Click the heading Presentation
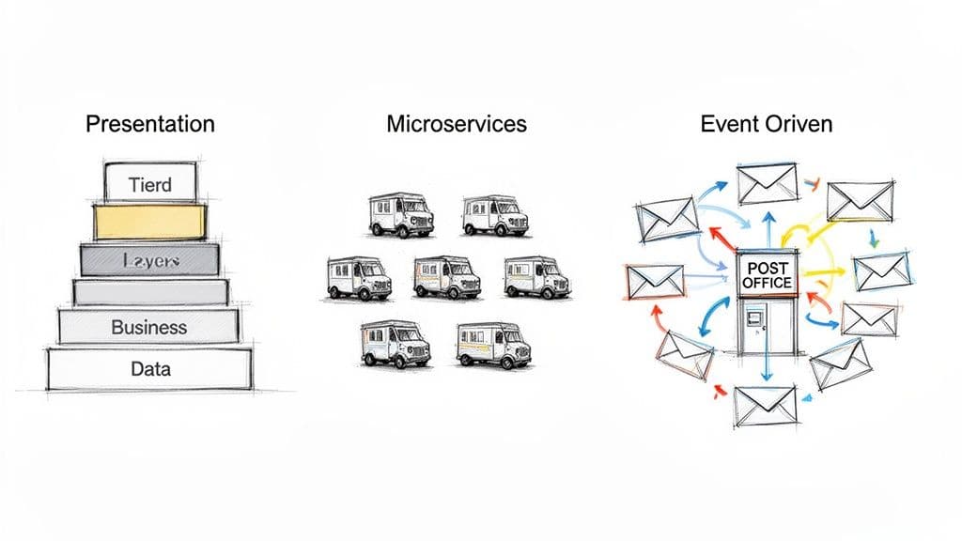pyautogui.click(x=150, y=124)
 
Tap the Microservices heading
pyautogui.click(x=457, y=124)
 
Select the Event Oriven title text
pyautogui.click(x=766, y=124)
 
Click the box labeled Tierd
pyautogui.click(x=150, y=184)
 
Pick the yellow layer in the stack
pyautogui.click(x=148, y=222)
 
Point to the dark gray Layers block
pyautogui.click(x=149, y=260)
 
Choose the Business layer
pyautogui.click(x=149, y=328)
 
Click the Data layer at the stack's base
pyautogui.click(x=149, y=369)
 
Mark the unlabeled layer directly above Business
pyautogui.click(x=149, y=293)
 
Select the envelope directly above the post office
pyautogui.click(x=767, y=184)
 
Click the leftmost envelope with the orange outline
pyautogui.click(x=654, y=281)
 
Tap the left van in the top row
pyautogui.click(x=400, y=215)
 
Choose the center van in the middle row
pyautogui.click(x=447, y=277)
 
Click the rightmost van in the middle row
pyautogui.click(x=536, y=277)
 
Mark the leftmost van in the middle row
pyautogui.click(x=358, y=278)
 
